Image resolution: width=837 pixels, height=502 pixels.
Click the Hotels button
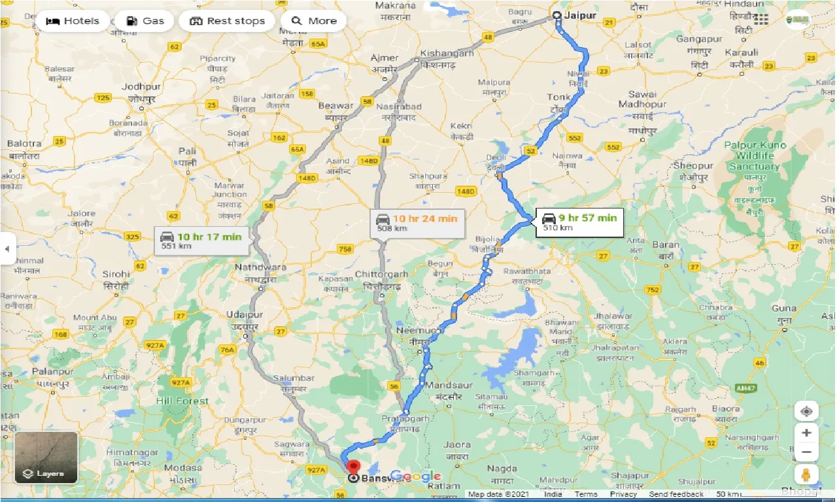pos(72,21)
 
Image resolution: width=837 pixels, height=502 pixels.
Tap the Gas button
pos(144,21)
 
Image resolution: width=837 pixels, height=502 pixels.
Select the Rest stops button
pos(227,21)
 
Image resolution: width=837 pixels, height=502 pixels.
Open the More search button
pos(314,21)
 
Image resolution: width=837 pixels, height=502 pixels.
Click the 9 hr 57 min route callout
pos(579,222)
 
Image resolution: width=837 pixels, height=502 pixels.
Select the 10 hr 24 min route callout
pos(417,223)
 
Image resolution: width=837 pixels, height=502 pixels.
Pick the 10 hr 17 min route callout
pos(201,241)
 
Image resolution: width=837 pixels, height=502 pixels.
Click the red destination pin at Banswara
pos(353,467)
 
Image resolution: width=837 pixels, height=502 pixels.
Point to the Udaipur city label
pos(243,315)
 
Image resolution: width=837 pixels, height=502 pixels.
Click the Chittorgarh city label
pos(381,275)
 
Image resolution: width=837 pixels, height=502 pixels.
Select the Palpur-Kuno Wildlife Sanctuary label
pos(755,156)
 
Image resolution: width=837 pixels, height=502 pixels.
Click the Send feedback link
pos(676,494)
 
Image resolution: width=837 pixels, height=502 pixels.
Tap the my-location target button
pos(806,411)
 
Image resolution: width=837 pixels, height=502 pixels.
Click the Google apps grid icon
pos(761,20)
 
